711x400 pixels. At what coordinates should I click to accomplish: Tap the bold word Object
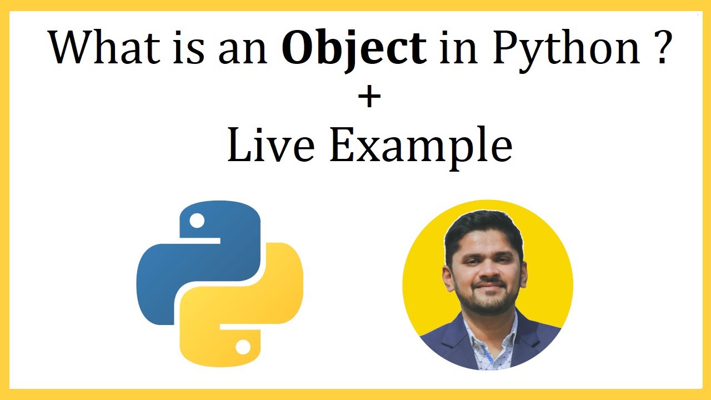(354, 48)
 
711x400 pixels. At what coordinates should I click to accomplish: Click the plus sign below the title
(369, 98)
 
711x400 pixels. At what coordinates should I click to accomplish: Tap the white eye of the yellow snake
(243, 347)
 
